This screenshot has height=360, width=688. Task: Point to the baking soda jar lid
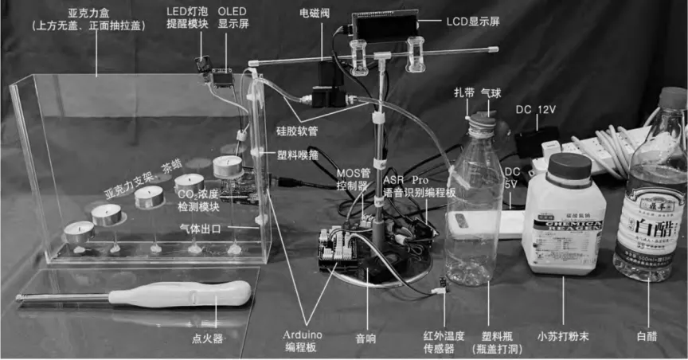point(570,166)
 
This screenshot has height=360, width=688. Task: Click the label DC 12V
point(534,108)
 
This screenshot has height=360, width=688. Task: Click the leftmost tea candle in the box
point(79,232)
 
